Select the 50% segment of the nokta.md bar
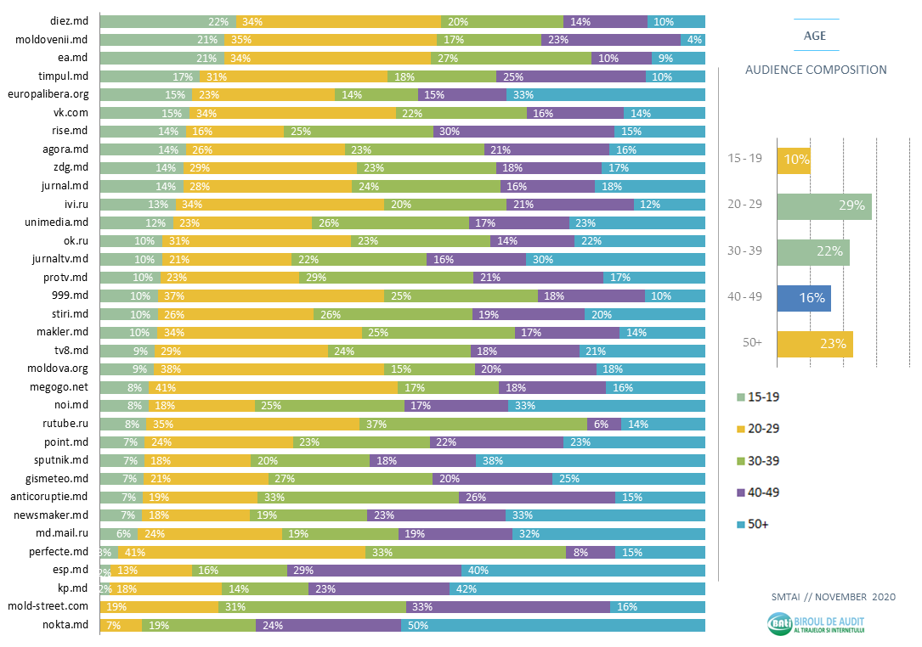pos(553,626)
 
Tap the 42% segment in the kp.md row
pos(577,588)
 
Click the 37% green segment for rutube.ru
pos(472,424)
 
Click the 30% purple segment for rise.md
pos(523,132)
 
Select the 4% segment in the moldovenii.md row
pos(693,40)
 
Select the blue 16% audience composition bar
pos(804,298)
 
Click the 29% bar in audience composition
pos(824,206)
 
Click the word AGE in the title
pos(815,36)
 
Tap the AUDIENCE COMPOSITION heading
pos(815,70)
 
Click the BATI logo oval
pos(779,625)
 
